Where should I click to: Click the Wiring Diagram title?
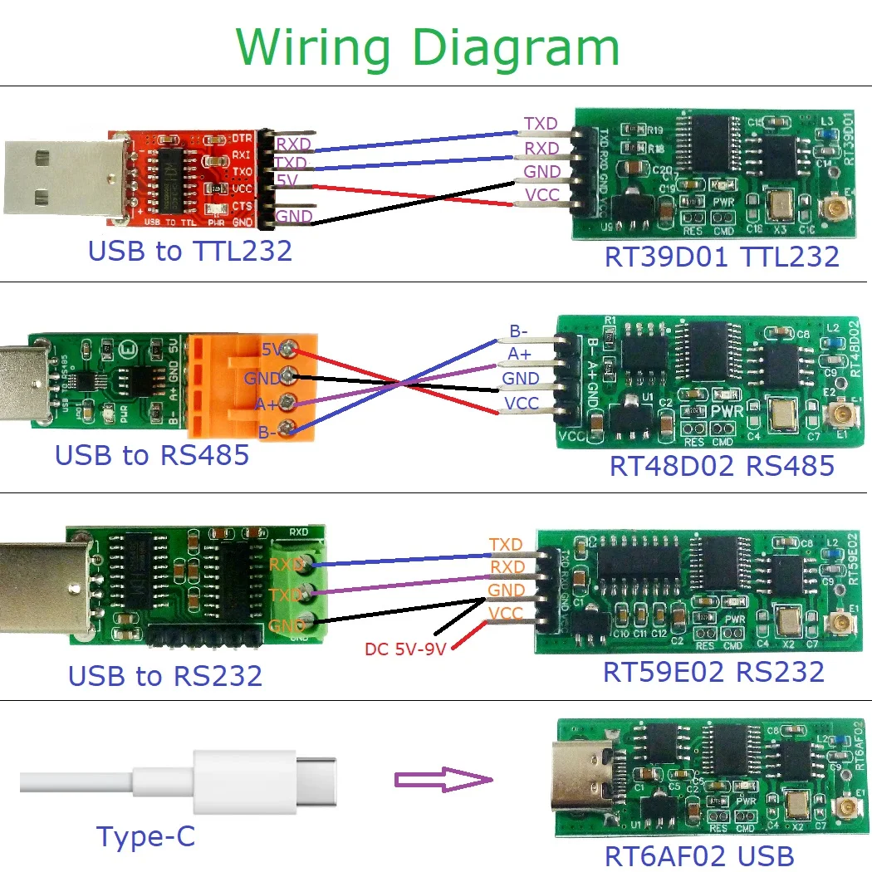427,47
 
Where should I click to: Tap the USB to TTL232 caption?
190,250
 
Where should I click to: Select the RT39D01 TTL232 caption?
722,256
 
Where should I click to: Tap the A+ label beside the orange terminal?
267,404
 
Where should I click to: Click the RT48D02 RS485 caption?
722,465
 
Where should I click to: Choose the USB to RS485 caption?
152,455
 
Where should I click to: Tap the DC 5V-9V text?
404,648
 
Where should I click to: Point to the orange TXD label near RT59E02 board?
506,545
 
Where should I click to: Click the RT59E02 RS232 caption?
713,671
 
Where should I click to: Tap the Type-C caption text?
146,835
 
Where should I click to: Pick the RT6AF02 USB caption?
698,855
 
